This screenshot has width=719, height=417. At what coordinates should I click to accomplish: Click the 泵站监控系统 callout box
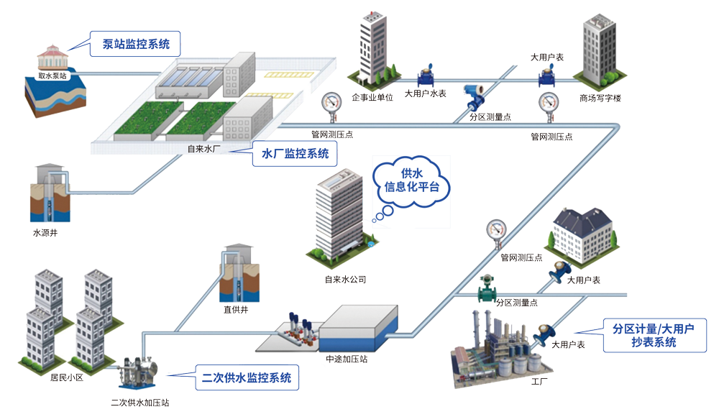tap(137, 44)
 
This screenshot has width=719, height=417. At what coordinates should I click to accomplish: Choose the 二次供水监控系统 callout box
tap(247, 376)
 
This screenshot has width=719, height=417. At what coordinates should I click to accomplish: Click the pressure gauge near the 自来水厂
tap(331, 103)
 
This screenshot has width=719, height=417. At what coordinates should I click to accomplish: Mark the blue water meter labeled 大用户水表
tap(426, 78)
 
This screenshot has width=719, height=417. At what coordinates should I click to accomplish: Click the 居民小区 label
tap(67, 376)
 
